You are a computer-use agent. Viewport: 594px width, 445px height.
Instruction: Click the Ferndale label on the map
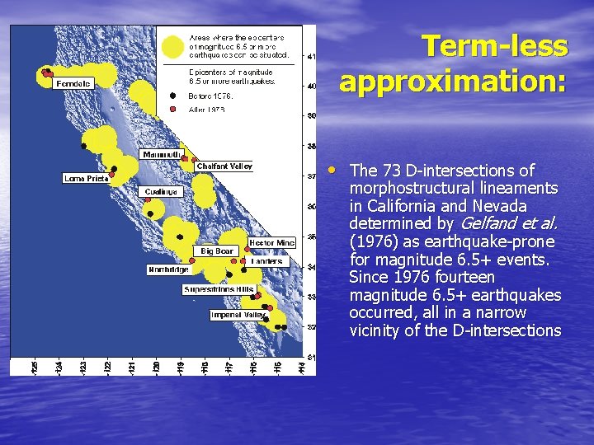tap(73, 83)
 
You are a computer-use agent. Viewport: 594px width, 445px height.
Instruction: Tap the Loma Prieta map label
tap(87, 178)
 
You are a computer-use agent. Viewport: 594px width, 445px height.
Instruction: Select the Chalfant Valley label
tap(224, 166)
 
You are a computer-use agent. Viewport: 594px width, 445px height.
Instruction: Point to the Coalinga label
tap(160, 192)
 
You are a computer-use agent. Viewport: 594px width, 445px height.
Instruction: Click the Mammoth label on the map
tap(162, 154)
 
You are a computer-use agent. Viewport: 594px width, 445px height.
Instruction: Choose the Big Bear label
tap(218, 251)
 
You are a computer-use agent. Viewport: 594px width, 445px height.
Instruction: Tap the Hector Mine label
tap(271, 243)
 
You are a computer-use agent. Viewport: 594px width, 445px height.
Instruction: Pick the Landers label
tap(266, 261)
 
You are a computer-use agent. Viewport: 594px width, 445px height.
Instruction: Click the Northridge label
tap(169, 269)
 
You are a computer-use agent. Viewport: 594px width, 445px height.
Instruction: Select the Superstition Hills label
tap(219, 289)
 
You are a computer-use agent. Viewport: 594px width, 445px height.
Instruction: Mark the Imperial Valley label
tap(238, 315)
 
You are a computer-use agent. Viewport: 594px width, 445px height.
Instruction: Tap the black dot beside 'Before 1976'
tap(172, 95)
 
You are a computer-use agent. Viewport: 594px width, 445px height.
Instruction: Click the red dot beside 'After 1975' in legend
tap(172, 109)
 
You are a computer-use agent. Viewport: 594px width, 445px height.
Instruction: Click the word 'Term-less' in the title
tap(494, 46)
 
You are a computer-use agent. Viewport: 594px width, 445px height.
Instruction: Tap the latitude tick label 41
tap(310, 57)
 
